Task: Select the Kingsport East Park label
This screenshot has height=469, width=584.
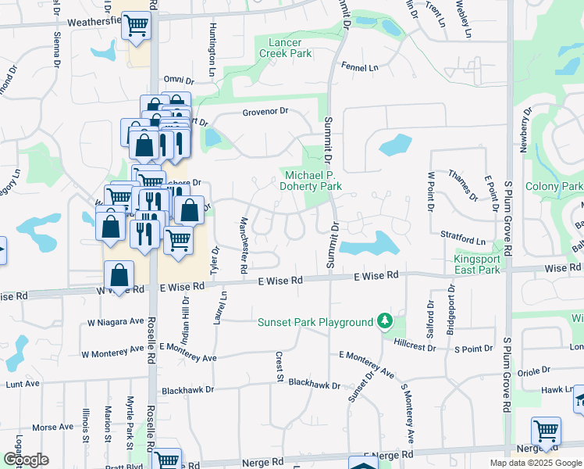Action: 477,264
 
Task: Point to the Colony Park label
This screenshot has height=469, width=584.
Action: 554,187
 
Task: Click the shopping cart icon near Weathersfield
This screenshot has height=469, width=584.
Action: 137,27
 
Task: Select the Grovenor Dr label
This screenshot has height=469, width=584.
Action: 265,111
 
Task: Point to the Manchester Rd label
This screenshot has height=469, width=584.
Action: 244,245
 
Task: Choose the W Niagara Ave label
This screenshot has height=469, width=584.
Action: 116,322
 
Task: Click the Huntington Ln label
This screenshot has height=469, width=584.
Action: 212,48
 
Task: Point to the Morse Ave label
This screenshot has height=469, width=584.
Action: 52,428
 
